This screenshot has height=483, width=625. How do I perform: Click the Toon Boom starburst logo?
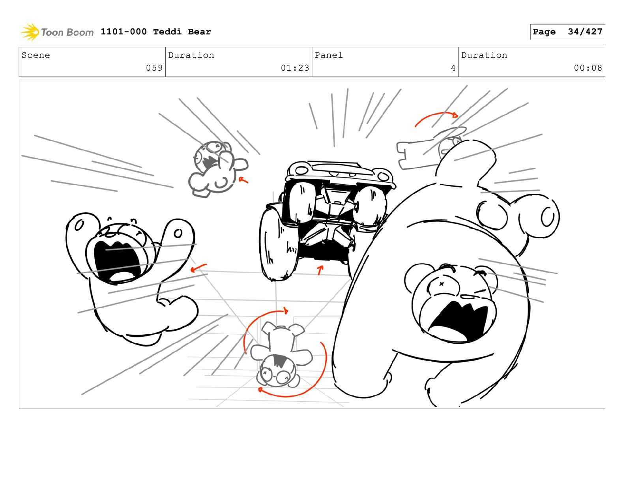(30, 32)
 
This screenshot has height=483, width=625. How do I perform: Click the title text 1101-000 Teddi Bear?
(155, 32)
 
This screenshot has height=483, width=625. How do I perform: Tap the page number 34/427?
(585, 32)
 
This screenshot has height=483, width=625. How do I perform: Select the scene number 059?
(154, 68)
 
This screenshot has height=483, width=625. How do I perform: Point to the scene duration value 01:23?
(295, 68)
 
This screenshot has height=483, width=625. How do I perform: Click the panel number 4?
(453, 68)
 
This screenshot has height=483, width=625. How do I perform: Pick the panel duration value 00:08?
(588, 68)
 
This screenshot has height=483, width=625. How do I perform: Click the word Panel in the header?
(328, 55)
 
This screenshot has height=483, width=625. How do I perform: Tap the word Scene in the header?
(36, 55)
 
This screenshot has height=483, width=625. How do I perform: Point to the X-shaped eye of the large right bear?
(442, 284)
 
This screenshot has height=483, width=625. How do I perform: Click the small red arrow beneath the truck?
(320, 270)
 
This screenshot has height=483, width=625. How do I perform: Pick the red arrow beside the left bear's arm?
(198, 268)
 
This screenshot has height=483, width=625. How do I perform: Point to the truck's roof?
(339, 170)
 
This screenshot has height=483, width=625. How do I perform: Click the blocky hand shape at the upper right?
(417, 154)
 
